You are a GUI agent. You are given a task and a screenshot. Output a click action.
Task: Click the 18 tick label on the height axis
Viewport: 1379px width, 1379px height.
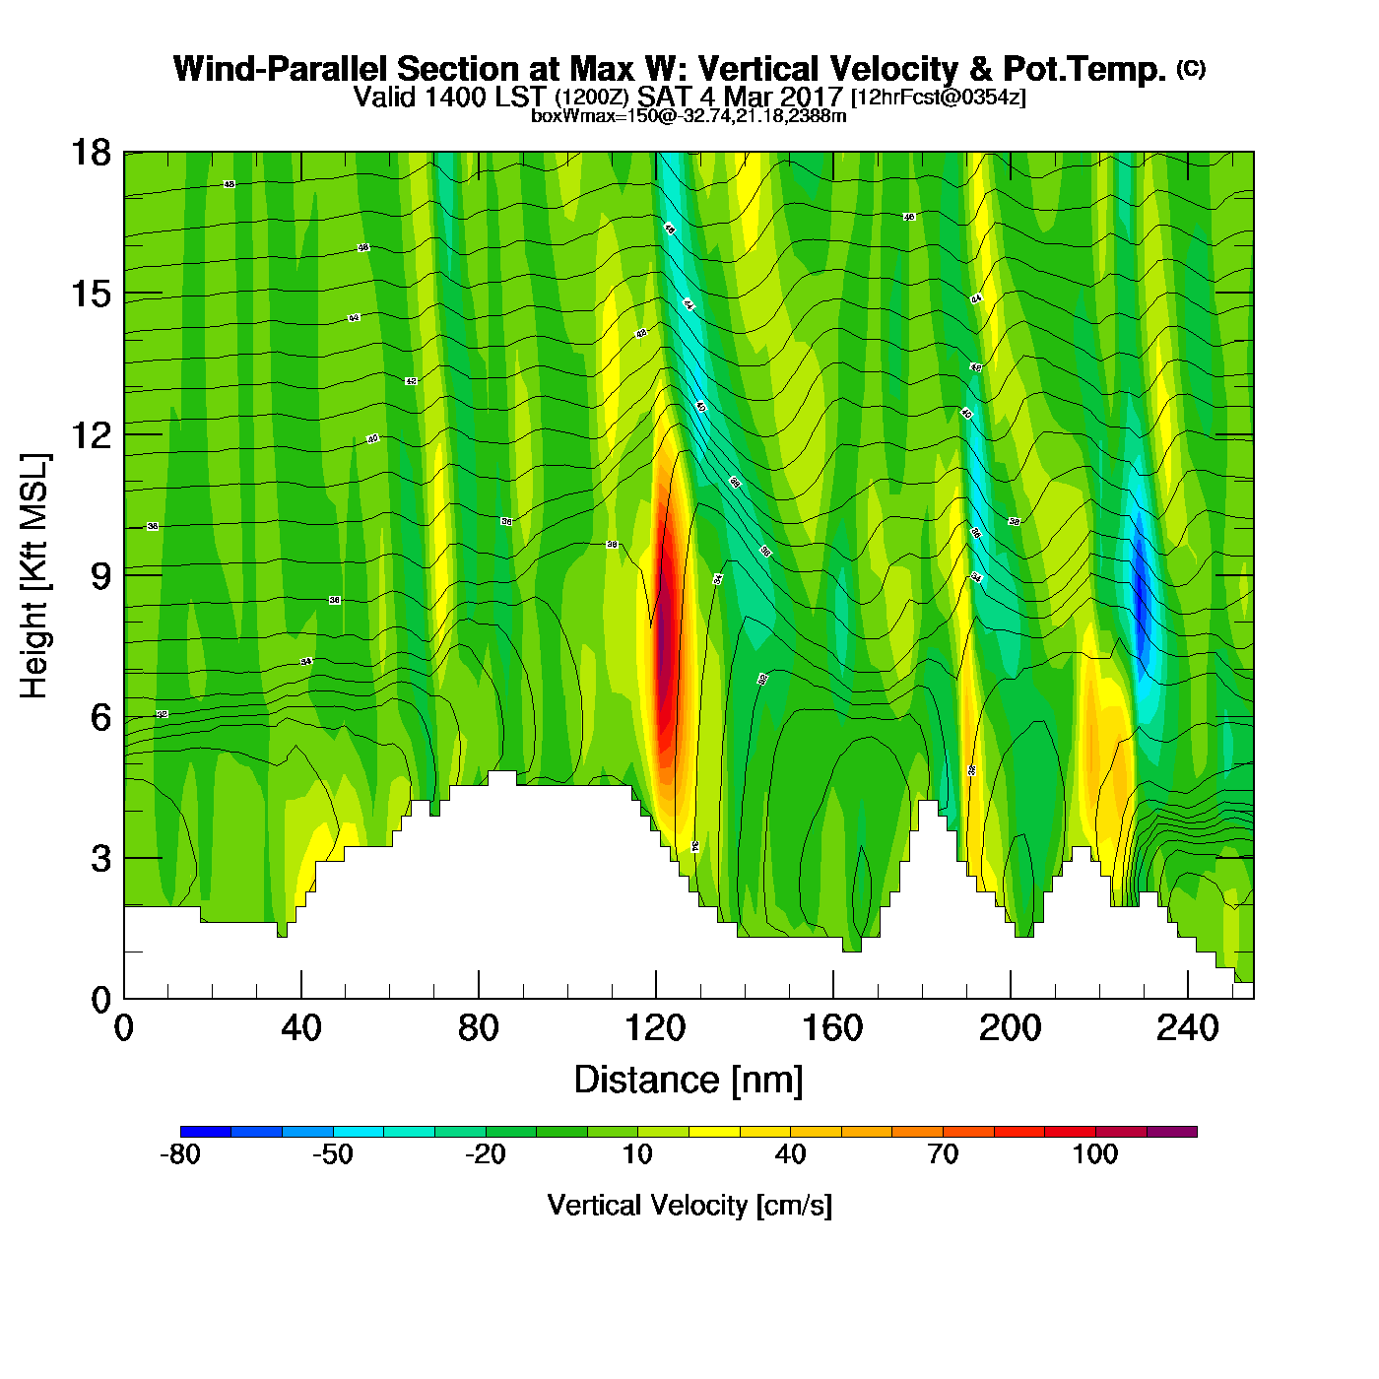coord(90,153)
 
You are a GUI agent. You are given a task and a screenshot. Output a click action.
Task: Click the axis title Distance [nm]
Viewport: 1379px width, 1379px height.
coord(689,1081)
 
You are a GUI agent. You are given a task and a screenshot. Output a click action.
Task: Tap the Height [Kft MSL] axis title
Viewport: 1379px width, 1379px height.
coord(34,576)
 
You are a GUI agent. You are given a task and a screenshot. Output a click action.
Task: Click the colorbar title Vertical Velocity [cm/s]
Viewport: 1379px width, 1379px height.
coord(689,1205)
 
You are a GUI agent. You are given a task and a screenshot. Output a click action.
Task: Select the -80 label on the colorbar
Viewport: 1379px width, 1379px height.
coord(180,1154)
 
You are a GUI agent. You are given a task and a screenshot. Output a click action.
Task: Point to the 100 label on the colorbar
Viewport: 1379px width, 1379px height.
coord(1095,1154)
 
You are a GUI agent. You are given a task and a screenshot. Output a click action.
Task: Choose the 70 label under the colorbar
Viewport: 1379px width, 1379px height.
coord(943,1154)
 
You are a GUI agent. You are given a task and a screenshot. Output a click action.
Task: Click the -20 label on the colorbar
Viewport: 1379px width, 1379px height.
coord(485,1154)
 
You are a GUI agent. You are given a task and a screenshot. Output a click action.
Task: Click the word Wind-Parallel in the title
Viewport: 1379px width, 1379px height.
coord(282,70)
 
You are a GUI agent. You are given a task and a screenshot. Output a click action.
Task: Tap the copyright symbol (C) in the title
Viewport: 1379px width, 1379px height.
coord(1191,68)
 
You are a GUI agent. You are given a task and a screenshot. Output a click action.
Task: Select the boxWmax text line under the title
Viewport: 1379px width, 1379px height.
coord(689,116)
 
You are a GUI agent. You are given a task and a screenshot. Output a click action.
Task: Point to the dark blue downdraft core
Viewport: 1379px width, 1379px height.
coord(1142,601)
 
